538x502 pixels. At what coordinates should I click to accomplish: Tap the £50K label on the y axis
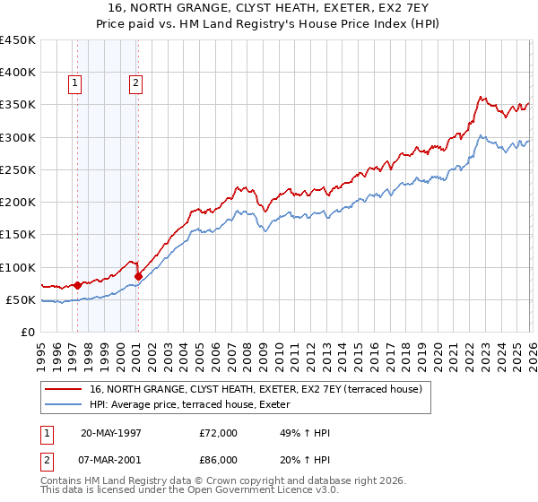pyautogui.click(x=22, y=299)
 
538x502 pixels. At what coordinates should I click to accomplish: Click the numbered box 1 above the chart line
pyautogui.click(x=75, y=84)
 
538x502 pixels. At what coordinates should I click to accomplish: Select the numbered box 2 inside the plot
pyautogui.click(x=135, y=84)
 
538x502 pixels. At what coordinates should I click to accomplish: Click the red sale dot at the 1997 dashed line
pyautogui.click(x=78, y=285)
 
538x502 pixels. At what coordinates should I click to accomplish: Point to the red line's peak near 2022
pyautogui.click(x=482, y=97)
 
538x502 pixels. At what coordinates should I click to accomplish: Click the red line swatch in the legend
pyautogui.click(x=65, y=388)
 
